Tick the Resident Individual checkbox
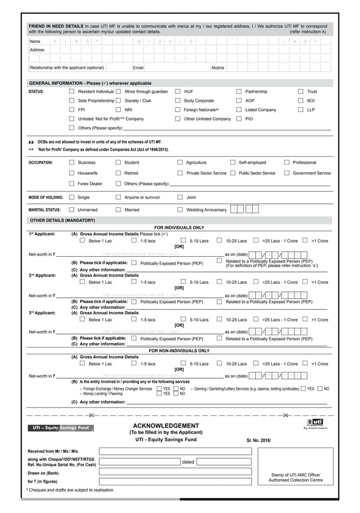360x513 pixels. coord(72,91)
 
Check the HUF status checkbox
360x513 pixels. coord(178,91)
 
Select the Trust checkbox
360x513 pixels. coord(301,91)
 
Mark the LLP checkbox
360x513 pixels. coord(301,109)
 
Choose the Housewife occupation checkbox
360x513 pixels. coord(72,173)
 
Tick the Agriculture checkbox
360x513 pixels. coord(180,163)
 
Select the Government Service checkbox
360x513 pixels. coord(287,173)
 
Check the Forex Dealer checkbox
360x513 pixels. coord(72,183)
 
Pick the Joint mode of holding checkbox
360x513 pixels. coord(180,198)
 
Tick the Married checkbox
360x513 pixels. coord(118,209)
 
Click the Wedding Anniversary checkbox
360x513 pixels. coord(180,209)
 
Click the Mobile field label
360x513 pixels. coord(218,68)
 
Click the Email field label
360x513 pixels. coord(138,68)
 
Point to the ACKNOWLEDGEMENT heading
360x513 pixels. coord(165,426)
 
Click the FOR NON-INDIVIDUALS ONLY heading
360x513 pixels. coord(179,350)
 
